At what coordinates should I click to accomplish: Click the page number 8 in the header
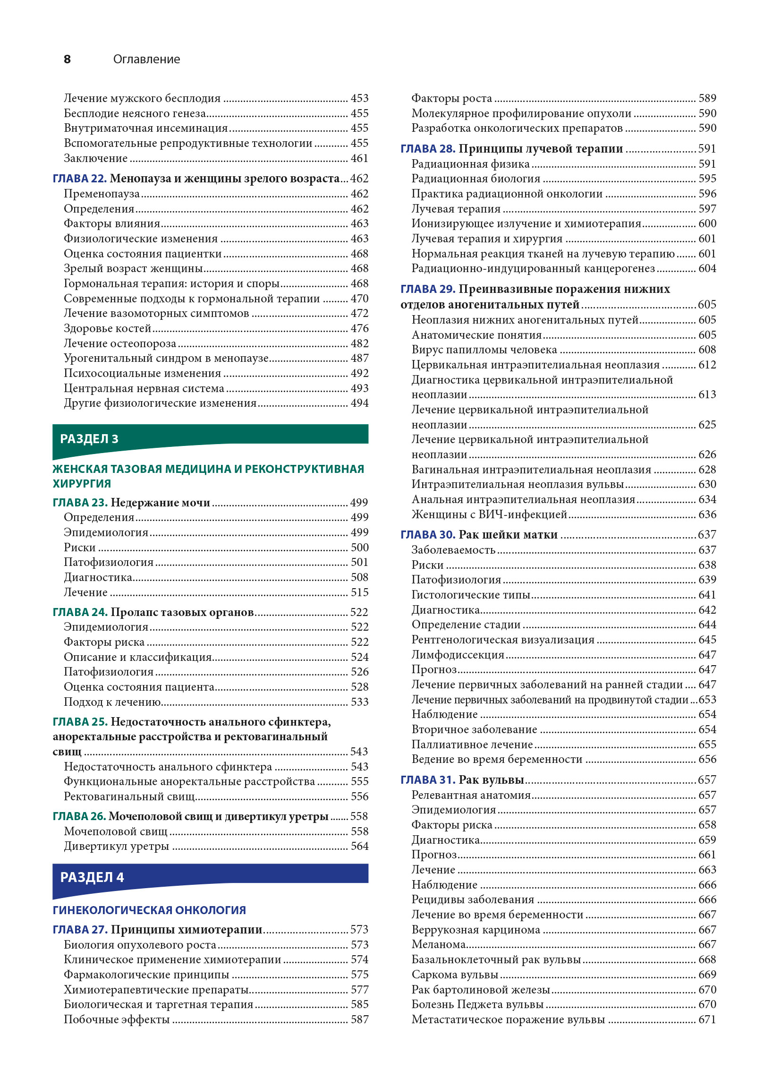pos(67,59)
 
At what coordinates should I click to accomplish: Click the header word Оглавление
pos(146,59)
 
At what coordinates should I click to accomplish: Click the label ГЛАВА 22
pos(79,179)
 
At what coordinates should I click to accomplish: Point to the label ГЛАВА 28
pos(428,149)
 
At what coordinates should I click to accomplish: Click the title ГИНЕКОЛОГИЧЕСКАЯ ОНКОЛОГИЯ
pos(149,909)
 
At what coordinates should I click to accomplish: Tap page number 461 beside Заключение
pos(359,158)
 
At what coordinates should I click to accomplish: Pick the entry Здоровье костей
pos(108,328)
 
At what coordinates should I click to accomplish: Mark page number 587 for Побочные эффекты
pos(359,1019)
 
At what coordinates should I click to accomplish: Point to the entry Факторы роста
pos(451,98)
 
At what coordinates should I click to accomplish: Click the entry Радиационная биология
pos(475,179)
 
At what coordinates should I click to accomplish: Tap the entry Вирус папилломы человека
pos(484,350)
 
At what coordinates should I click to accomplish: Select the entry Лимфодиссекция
pos(458,655)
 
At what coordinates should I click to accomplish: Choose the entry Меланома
pos(438,944)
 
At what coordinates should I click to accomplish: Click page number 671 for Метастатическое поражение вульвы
pos(707,1019)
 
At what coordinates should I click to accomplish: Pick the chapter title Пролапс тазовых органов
pos(182,612)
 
